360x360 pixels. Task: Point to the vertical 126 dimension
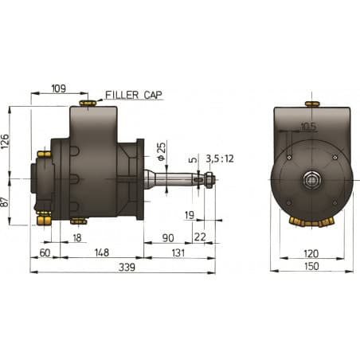tap(6, 141)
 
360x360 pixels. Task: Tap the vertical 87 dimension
tap(6, 203)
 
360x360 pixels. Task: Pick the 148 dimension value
tap(102, 252)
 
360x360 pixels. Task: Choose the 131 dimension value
tap(178, 252)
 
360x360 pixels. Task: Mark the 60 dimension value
tap(45, 252)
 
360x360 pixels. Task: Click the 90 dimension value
tap(168, 237)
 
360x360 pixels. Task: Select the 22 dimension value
tap(199, 237)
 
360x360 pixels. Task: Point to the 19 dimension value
tap(189, 214)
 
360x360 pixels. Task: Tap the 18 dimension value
tap(76, 237)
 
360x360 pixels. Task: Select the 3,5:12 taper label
tap(220, 158)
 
